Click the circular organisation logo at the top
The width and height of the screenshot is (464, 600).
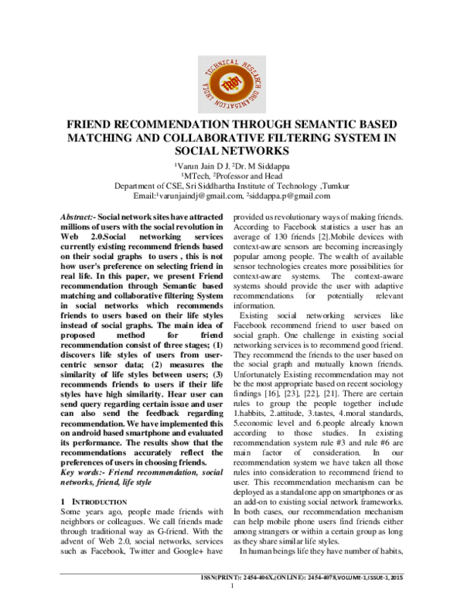pos(231,75)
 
